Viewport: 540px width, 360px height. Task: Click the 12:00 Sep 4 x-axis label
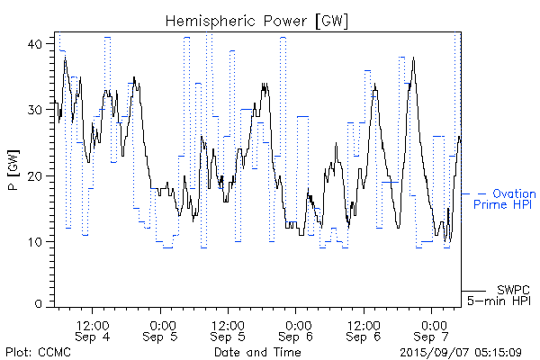tap(93, 329)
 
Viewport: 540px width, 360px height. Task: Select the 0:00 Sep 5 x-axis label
tap(161, 329)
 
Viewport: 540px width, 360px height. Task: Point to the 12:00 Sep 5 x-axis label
tap(229, 329)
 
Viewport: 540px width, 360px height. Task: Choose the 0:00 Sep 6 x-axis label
tap(297, 329)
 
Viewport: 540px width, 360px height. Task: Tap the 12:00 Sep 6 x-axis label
tap(364, 329)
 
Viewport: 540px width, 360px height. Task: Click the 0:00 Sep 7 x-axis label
tap(432, 329)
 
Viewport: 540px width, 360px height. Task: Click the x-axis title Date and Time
tap(257, 352)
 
